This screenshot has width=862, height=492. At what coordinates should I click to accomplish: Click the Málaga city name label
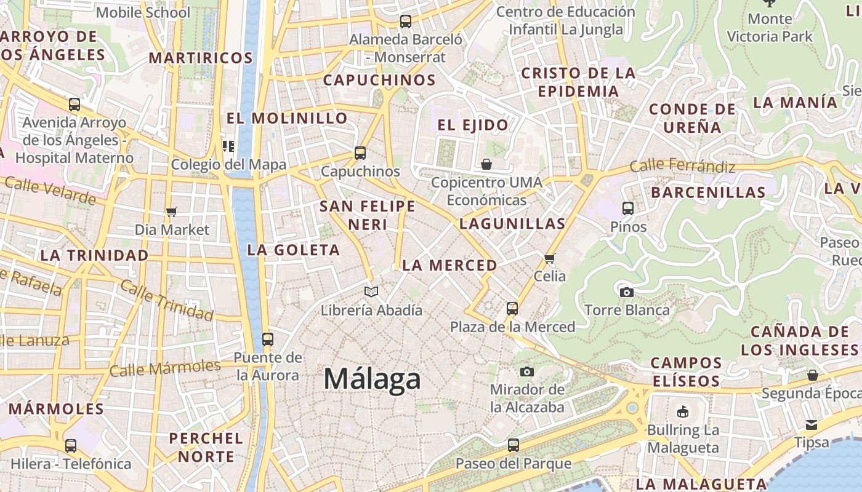[x=372, y=379]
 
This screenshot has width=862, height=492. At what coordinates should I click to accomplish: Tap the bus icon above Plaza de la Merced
[x=512, y=308]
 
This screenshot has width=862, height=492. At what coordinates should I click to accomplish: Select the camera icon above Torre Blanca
[x=627, y=292]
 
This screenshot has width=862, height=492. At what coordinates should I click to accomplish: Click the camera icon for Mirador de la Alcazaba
[x=526, y=371]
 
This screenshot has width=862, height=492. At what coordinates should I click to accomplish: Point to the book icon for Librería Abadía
[x=371, y=292]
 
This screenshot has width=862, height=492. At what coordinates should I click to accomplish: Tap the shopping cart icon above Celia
[x=550, y=258]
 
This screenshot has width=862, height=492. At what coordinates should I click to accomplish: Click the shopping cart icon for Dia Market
[x=172, y=212]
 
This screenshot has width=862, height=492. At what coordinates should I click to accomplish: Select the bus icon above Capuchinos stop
[x=360, y=153]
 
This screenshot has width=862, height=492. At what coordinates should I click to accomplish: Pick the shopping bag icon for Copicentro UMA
[x=486, y=164]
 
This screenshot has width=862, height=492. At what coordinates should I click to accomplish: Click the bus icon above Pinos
[x=628, y=208]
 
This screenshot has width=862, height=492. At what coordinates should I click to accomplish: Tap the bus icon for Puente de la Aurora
[x=267, y=339]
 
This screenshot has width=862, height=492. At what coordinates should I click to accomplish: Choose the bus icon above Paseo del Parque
[x=513, y=445]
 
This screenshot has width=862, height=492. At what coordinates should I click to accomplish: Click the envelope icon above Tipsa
[x=812, y=424]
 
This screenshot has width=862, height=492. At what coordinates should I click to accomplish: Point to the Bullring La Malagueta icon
[x=683, y=411]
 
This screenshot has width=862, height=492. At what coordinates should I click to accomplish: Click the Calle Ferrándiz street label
[x=682, y=166]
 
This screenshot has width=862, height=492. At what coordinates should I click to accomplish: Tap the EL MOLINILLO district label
[x=287, y=118]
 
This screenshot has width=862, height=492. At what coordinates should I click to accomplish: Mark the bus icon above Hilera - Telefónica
[x=71, y=446]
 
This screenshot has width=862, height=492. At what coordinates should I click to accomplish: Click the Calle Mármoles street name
[x=164, y=368]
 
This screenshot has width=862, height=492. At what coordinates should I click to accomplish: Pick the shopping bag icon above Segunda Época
[x=812, y=375]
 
